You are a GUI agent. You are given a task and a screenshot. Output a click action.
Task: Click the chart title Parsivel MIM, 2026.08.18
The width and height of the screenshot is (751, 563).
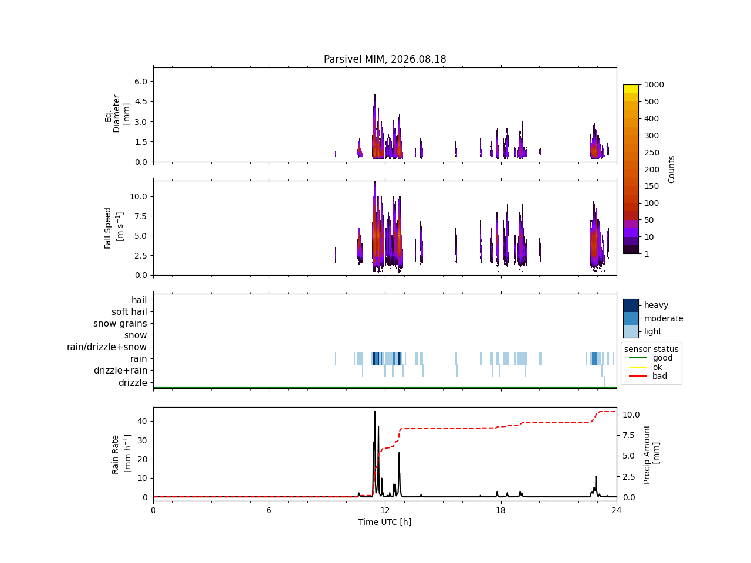click(x=384, y=59)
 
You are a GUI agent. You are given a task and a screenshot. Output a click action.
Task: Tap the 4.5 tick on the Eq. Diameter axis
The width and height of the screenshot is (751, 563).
click(x=141, y=101)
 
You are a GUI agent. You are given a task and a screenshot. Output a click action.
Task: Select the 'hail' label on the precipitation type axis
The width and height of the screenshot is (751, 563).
click(x=139, y=300)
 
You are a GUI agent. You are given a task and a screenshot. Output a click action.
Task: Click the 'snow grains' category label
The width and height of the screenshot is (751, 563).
click(x=120, y=323)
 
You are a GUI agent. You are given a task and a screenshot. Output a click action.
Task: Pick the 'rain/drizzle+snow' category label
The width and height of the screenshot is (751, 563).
click(x=107, y=347)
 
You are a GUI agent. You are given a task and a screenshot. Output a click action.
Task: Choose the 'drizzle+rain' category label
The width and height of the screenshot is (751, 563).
click(x=120, y=371)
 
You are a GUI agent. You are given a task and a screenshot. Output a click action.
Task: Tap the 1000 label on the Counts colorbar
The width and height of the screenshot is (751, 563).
click(x=654, y=85)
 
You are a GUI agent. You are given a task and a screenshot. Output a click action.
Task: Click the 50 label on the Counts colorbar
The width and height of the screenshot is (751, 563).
click(x=649, y=220)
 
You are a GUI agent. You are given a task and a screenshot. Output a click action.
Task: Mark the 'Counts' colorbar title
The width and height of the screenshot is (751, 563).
click(x=671, y=169)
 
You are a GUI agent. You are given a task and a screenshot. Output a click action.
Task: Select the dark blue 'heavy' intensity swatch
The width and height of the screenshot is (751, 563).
click(x=631, y=306)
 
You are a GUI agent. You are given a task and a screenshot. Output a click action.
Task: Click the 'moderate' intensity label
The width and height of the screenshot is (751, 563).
click(x=664, y=318)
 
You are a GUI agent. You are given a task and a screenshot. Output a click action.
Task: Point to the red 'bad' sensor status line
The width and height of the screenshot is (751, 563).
click(x=637, y=376)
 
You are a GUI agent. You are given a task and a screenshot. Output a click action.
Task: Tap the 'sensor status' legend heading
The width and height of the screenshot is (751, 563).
click(x=651, y=349)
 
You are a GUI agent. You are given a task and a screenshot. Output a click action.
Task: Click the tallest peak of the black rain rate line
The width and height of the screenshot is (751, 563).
click(x=375, y=411)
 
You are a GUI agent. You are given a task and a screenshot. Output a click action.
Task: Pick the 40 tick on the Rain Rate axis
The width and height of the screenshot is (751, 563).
click(x=142, y=421)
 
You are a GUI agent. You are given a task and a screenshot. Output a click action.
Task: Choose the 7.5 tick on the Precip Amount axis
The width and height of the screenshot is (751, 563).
click(x=628, y=436)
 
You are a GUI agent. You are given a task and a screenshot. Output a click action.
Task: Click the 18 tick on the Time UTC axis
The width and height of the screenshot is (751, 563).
click(x=501, y=510)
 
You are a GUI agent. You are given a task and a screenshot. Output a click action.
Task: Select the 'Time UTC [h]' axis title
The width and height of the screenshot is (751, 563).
click(x=384, y=522)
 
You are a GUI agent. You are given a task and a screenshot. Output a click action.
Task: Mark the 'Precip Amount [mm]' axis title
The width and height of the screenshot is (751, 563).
click(x=651, y=455)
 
